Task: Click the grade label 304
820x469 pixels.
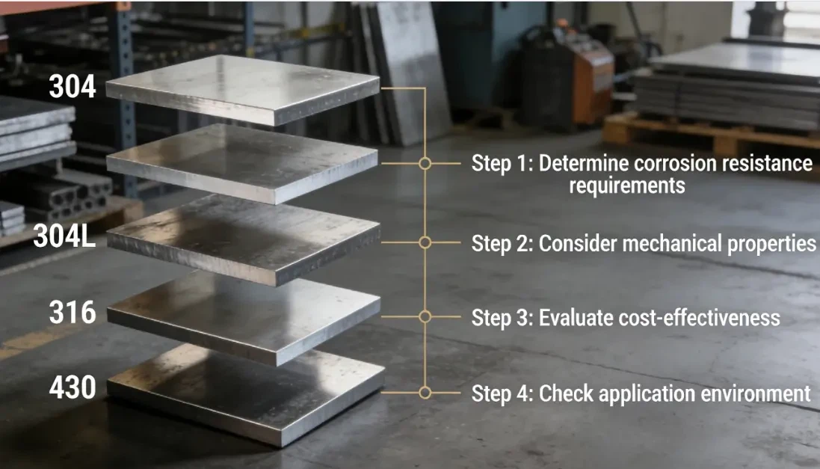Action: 73,87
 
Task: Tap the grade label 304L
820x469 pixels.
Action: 64,236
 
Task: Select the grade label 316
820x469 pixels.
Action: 73,312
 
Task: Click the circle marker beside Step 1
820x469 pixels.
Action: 425,163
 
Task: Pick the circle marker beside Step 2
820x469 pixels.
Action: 425,242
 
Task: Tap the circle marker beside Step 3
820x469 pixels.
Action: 425,316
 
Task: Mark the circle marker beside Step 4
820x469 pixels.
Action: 425,392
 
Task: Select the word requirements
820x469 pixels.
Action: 626,186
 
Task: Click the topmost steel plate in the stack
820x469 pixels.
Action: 243,86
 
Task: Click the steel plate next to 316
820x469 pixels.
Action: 243,310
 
